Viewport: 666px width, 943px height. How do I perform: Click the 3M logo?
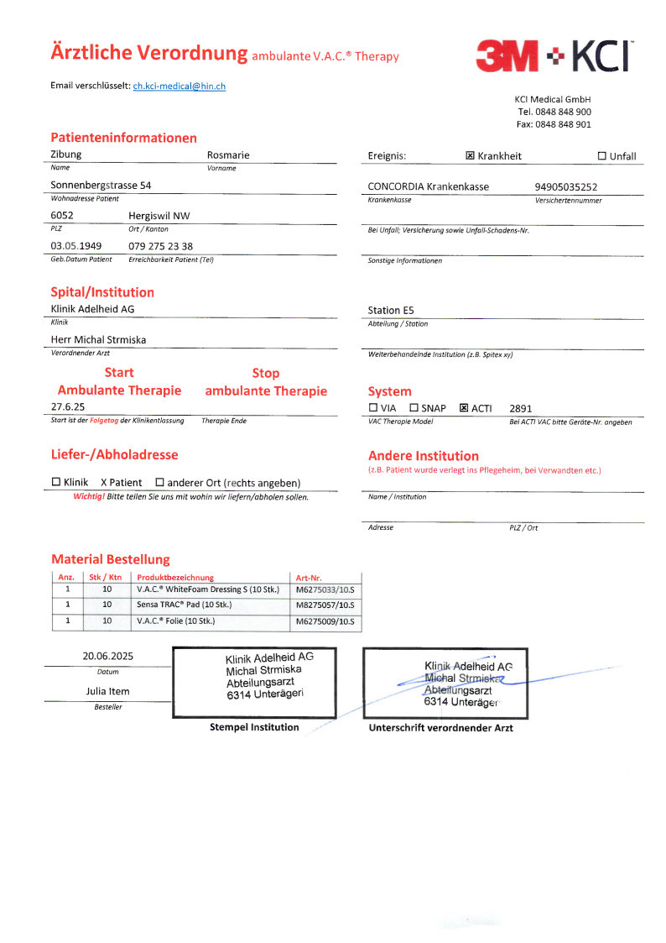507,56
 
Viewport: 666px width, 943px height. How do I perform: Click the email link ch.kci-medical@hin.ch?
179,86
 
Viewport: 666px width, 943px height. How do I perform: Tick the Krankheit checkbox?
470,156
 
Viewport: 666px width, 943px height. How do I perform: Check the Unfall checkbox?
601,156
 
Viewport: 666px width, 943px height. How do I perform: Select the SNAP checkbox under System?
414,408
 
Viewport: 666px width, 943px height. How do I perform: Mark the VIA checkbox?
373,408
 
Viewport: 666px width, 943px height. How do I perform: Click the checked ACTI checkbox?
464,408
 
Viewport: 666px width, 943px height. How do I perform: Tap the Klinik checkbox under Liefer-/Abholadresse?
56,483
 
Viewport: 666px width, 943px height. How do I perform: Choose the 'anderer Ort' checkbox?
159,483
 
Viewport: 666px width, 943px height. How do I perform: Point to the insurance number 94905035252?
565,187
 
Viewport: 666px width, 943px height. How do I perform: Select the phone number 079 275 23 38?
160,246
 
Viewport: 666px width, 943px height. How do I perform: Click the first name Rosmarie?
228,155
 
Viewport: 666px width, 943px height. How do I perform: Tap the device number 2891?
521,408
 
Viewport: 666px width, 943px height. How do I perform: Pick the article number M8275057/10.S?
325,605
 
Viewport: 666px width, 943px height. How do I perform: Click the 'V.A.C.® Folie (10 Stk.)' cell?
176,621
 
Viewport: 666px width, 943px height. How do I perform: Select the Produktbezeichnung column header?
175,577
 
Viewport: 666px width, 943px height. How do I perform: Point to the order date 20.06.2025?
108,656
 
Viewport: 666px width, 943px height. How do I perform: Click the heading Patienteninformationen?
124,138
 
